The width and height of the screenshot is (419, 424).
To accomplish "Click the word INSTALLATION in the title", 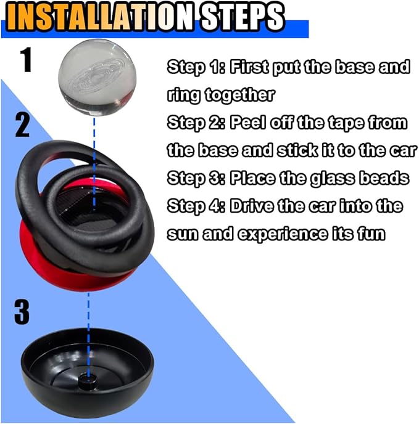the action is click(100, 17).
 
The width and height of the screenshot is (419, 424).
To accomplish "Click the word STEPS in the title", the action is click(243, 17).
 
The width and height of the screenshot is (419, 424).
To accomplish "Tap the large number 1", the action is click(27, 60).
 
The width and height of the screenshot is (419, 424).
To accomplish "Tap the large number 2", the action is click(22, 125).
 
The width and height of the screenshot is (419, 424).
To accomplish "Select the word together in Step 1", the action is click(239, 95).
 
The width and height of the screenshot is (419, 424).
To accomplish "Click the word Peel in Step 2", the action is click(247, 123).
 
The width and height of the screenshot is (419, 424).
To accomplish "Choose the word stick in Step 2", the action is click(297, 150).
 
